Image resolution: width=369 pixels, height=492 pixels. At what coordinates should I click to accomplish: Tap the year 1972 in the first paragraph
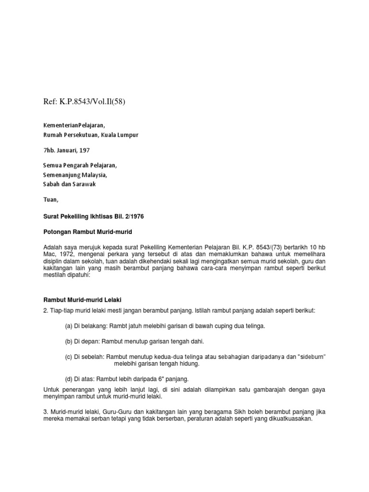pyautogui.click(x=65, y=254)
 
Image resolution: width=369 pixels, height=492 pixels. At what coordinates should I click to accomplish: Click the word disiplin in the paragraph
pyautogui.click(x=54, y=261)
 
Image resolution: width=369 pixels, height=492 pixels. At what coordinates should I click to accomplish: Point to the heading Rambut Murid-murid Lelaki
pyautogui.click(x=83, y=300)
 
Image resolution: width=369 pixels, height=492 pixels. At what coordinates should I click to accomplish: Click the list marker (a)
pyautogui.click(x=69, y=326)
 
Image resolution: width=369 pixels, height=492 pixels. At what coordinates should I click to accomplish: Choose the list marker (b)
pyautogui.click(x=69, y=342)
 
